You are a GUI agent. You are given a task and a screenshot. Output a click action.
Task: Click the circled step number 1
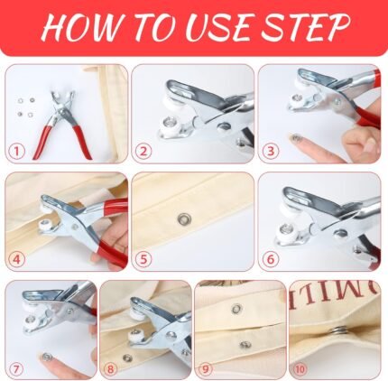click(16, 151)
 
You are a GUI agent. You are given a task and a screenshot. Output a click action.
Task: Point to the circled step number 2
click(143, 151)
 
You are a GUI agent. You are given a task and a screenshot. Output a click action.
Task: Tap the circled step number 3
click(271, 151)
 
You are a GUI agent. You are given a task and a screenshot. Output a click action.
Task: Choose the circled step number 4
click(16, 259)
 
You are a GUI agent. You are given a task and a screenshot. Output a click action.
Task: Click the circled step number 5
click(143, 259)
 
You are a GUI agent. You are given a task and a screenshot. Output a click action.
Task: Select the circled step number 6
click(271, 259)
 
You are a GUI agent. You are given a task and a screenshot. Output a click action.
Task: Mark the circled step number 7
click(16, 368)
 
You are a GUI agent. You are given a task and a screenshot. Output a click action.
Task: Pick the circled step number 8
click(111, 368)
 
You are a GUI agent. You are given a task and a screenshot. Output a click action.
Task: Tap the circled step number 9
click(206, 368)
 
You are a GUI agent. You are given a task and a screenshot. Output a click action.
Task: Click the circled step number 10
click(300, 368)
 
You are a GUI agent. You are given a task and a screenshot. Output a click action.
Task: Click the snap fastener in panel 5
click(183, 219)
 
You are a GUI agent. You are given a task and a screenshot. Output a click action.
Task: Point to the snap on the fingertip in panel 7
click(47, 358)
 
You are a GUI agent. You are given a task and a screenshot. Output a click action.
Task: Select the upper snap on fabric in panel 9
click(237, 308)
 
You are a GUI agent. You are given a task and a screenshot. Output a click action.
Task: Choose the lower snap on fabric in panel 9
click(245, 345)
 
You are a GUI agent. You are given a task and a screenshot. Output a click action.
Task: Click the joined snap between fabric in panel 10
click(340, 331)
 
